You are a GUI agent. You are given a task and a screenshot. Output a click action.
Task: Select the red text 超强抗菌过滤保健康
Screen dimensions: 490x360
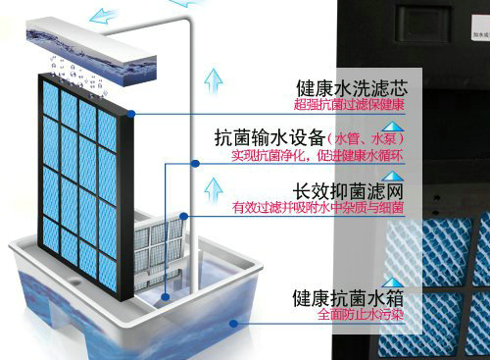(349, 104)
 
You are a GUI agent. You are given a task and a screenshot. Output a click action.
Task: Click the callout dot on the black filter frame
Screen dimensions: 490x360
(130, 115)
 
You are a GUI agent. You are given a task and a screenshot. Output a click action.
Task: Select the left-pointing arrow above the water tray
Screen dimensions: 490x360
(97, 13)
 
